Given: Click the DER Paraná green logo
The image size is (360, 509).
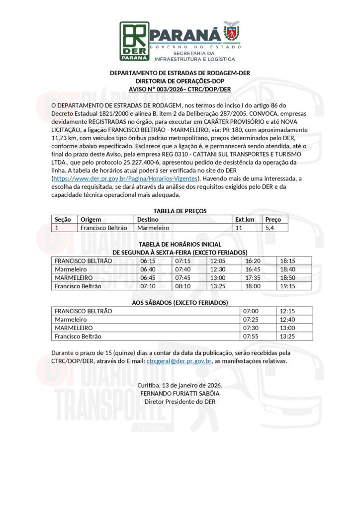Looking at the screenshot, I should (x=134, y=41).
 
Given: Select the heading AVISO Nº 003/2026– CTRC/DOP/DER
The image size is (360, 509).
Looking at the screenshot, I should (x=180, y=89).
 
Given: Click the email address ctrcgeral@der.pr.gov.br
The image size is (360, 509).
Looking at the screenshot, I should (x=180, y=361).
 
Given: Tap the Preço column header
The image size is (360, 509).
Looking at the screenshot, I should (x=273, y=219).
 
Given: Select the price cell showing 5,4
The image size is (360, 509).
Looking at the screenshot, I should (x=270, y=227).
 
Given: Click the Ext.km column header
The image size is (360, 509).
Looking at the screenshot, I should (x=245, y=219).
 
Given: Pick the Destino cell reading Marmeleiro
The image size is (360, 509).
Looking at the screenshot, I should (x=153, y=227).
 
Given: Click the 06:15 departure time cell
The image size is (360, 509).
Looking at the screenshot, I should (x=148, y=260).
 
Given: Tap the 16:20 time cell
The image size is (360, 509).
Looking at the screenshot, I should (x=253, y=260).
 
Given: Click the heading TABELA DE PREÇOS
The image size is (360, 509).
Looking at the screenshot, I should (x=180, y=211).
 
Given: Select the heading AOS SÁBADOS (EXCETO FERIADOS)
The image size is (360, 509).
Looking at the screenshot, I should (x=180, y=302).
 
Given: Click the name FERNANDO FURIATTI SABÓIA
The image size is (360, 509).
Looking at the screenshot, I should (x=180, y=393).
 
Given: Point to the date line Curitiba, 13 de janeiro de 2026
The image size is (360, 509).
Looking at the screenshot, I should (x=180, y=385).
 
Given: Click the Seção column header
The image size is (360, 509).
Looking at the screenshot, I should (x=63, y=219).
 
